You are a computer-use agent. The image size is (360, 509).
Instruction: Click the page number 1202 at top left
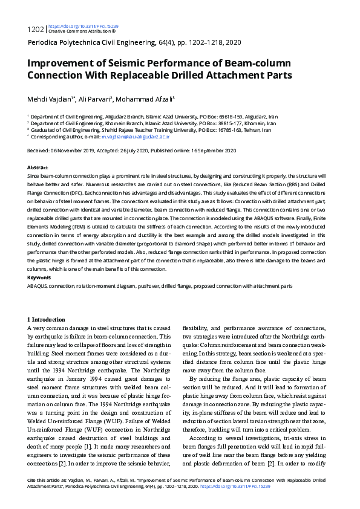[36, 28]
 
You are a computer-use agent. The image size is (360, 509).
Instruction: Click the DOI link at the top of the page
[82, 27]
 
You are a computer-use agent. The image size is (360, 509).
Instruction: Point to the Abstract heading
[38, 167]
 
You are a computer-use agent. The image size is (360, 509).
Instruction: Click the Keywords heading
[39, 277]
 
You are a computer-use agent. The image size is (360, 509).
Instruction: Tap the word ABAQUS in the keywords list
[38, 285]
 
